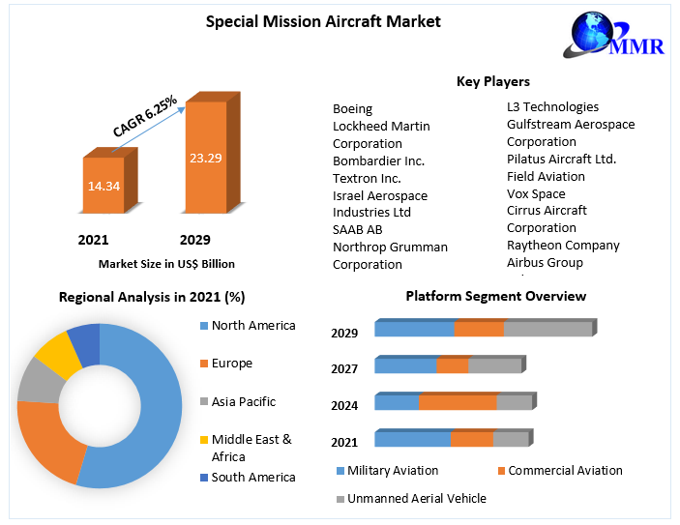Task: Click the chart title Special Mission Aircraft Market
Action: click(310, 21)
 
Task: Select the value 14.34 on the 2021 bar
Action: click(103, 186)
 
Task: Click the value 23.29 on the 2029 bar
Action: click(206, 157)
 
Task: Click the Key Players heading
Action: click(492, 81)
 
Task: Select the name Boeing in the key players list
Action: click(352, 108)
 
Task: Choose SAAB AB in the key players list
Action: click(357, 229)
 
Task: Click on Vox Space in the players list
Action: click(536, 193)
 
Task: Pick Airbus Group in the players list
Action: click(545, 262)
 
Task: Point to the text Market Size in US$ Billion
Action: click(166, 263)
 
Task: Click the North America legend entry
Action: click(252, 325)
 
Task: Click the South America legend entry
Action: click(252, 477)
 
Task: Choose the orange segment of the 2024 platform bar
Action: click(458, 402)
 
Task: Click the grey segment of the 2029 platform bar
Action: click(547, 329)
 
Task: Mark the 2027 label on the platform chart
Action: click(344, 368)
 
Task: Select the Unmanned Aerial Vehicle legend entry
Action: click(416, 498)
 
